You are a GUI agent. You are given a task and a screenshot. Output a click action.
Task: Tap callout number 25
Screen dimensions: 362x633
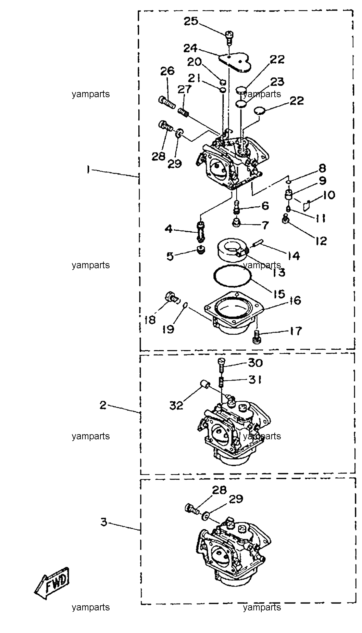click(191, 21)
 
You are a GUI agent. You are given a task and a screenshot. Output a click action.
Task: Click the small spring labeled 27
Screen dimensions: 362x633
click(184, 111)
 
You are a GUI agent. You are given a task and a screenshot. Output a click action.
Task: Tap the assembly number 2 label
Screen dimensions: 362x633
click(103, 405)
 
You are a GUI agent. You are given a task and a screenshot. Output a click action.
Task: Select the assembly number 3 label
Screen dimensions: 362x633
click(103, 522)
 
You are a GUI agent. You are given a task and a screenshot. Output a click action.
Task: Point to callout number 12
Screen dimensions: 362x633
click(321, 241)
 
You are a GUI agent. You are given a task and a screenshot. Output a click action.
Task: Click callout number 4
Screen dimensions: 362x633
click(169, 229)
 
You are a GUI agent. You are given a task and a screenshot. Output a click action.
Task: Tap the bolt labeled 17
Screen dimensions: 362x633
click(255, 336)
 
